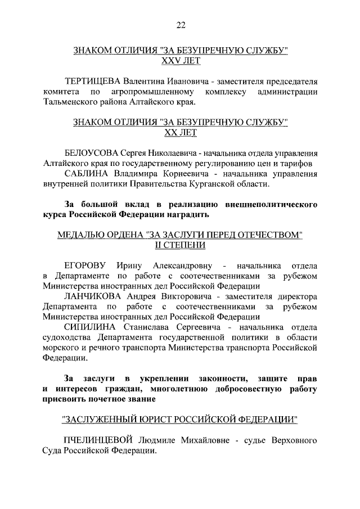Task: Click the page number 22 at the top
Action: click(x=181, y=24)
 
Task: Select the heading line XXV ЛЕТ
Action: click(x=181, y=61)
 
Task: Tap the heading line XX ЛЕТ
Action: click(x=181, y=133)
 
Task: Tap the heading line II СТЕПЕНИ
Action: click(x=181, y=245)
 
